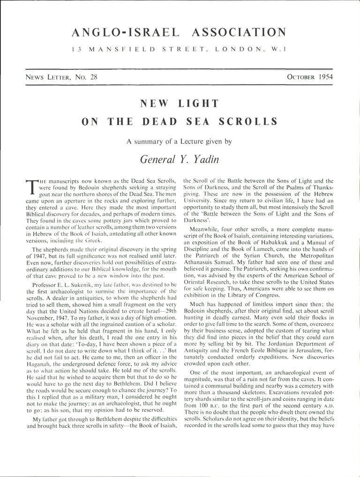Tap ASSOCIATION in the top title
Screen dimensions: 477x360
[x=239, y=32]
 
